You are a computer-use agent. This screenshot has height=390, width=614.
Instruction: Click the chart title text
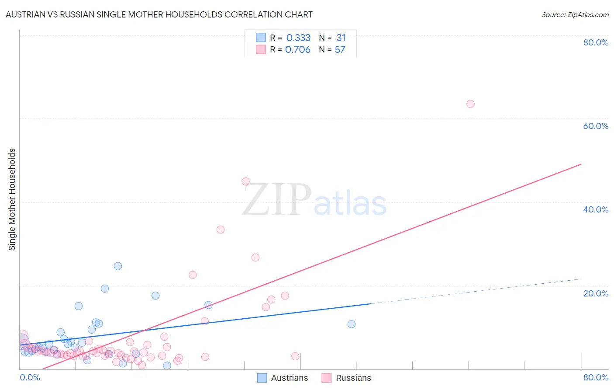point(159,14)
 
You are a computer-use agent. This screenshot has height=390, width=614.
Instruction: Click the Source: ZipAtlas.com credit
point(575,15)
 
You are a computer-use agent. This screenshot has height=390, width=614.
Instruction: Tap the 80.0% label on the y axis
point(596,42)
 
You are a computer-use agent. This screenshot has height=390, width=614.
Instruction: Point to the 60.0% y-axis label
point(596,126)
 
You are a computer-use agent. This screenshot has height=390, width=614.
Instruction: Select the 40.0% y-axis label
point(596,209)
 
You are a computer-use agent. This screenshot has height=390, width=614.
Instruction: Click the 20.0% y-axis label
point(596,293)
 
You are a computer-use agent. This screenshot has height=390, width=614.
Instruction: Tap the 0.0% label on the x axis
point(30,377)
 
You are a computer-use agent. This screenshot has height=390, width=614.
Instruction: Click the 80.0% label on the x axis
point(596,377)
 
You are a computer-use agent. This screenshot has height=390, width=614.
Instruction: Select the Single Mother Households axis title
point(12,199)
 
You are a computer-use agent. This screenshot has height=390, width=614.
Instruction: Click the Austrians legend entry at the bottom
point(289,378)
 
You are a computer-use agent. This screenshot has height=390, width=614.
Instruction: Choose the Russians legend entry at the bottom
point(353,378)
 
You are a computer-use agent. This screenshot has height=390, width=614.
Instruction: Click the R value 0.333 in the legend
point(298,38)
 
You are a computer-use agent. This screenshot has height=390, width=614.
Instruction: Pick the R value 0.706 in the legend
point(298,50)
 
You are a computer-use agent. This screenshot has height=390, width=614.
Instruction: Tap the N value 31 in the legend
point(341,38)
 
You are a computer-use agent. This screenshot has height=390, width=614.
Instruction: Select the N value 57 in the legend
point(340,50)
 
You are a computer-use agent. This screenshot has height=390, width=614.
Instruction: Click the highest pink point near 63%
point(470,104)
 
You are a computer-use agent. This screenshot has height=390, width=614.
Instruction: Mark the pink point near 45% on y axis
point(245,181)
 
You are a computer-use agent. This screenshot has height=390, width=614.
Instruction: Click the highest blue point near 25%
point(118,266)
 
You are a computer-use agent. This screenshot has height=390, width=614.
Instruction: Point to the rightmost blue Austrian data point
point(352,324)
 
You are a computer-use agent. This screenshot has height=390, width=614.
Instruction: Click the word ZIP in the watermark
point(277,200)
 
